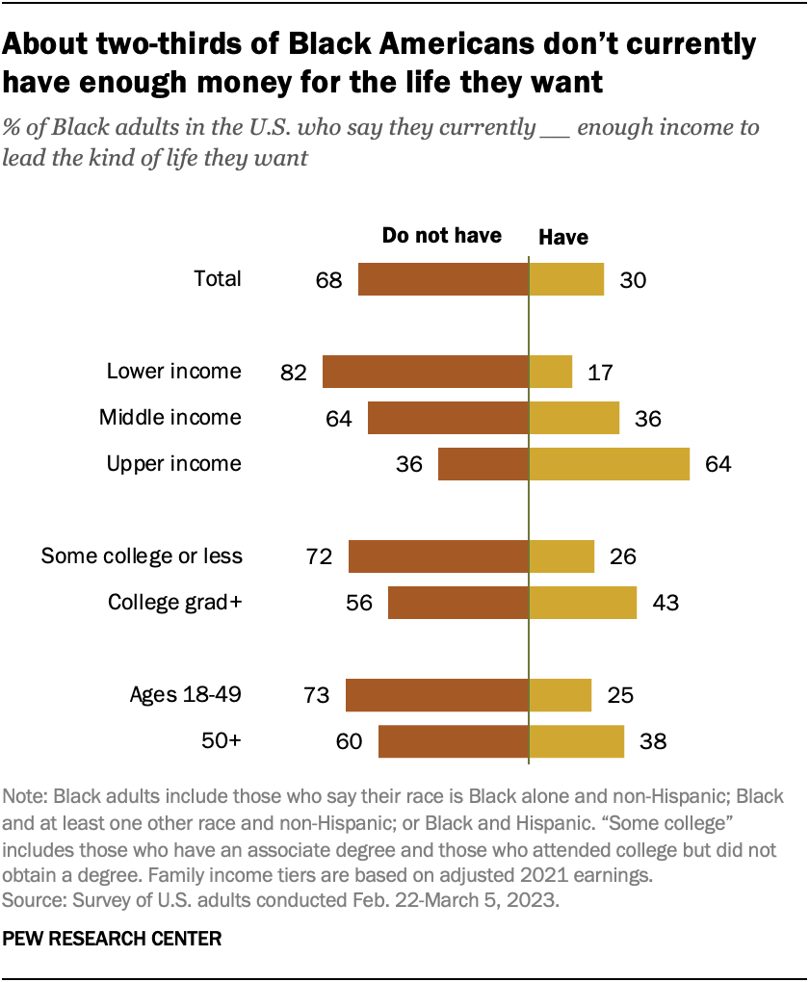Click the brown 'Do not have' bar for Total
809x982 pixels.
pos(443,279)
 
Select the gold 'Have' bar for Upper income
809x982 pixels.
pos(609,463)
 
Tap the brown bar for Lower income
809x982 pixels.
pos(426,372)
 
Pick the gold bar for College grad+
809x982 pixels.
pos(583,603)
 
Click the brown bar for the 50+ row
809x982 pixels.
pos(454,741)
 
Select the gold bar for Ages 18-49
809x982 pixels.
pos(561,695)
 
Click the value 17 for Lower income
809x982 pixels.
pos(599,373)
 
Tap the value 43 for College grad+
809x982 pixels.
pos(664,604)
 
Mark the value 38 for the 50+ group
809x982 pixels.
pos(652,742)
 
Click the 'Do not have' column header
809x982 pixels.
pos(442,236)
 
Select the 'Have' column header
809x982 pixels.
pos(562,237)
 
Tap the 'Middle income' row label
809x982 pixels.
pos(170,418)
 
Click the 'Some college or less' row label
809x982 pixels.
pos(142,556)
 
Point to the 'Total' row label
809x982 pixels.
pos(218,279)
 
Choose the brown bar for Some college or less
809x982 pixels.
pos(438,556)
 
